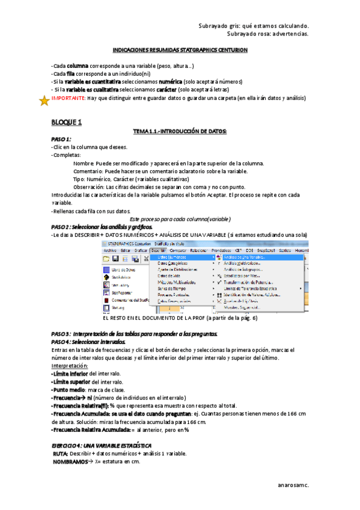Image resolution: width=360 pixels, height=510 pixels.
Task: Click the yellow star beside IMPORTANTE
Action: pyautogui.click(x=43, y=101)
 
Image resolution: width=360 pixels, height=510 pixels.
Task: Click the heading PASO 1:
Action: pyautogui.click(x=62, y=139)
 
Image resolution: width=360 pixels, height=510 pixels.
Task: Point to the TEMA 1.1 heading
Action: pyautogui.click(x=180, y=131)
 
